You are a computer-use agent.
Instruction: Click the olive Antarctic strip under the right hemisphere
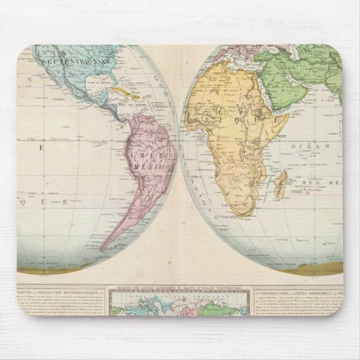(x=268, y=269)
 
